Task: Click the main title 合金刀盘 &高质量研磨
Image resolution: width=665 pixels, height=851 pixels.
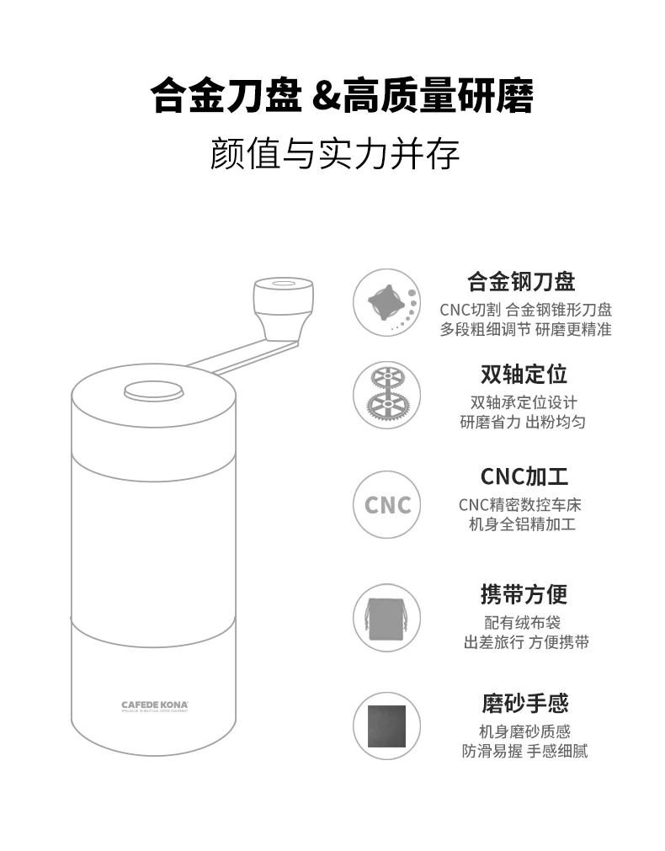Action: coord(342,96)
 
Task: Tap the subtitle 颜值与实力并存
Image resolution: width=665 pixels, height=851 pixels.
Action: coord(334,155)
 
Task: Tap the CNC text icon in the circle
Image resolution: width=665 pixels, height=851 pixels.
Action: coord(387,504)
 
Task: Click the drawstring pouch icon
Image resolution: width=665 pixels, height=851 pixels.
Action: coord(386,617)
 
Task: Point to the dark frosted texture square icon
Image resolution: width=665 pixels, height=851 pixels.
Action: coord(386,726)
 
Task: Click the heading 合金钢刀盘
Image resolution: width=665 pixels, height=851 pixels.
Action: coord(521,280)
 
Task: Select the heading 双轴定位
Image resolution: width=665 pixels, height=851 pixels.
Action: coord(524,374)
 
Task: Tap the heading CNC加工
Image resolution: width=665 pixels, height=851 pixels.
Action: coord(524,476)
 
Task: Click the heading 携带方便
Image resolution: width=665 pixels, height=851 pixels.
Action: coord(524,594)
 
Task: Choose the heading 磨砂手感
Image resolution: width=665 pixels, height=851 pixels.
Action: coord(524,703)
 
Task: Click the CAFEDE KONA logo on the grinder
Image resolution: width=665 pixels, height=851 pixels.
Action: coord(153,704)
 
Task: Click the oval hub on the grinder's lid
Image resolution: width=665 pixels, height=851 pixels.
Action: coord(154,391)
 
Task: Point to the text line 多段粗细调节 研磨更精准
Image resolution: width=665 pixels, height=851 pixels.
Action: coord(525,329)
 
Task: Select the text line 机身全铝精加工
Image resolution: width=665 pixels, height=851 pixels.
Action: coord(522,524)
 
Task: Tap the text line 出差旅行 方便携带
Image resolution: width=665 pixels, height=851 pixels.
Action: coord(526,642)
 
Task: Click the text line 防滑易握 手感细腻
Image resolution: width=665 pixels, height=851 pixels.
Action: coord(524,751)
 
